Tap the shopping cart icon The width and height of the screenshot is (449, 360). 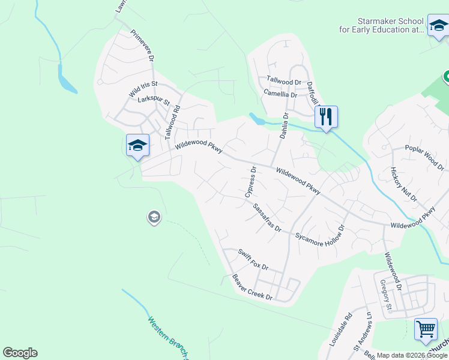point(426,328)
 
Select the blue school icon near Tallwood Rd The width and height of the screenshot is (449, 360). point(137,146)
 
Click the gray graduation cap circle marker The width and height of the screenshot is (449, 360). point(154,217)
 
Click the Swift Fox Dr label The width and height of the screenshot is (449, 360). point(253,259)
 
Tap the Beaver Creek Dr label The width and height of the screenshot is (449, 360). point(252,289)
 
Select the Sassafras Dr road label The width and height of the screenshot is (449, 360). point(267,218)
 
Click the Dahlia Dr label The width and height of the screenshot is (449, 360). point(284,126)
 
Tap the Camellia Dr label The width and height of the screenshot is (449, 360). point(280,94)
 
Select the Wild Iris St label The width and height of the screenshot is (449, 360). point(143,89)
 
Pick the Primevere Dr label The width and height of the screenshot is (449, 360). point(143,46)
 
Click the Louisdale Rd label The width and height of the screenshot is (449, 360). point(340,329)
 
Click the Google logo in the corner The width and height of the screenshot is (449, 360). point(20,352)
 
